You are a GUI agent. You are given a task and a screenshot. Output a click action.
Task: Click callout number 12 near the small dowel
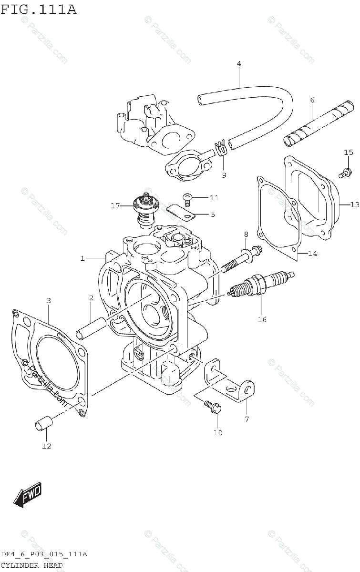coord(46,446)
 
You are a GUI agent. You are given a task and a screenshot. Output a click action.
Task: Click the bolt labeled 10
coord(213,406)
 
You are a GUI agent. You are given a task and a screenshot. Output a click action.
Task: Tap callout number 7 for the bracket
coord(246,419)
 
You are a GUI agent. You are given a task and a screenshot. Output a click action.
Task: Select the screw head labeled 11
coord(187,196)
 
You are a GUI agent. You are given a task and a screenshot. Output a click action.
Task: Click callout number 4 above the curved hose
coord(239,63)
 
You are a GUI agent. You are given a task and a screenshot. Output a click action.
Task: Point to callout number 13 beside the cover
coord(354,205)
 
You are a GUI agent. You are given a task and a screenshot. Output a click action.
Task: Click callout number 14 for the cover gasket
coord(312,253)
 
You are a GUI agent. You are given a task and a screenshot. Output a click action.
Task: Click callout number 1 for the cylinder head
coord(82,258)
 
